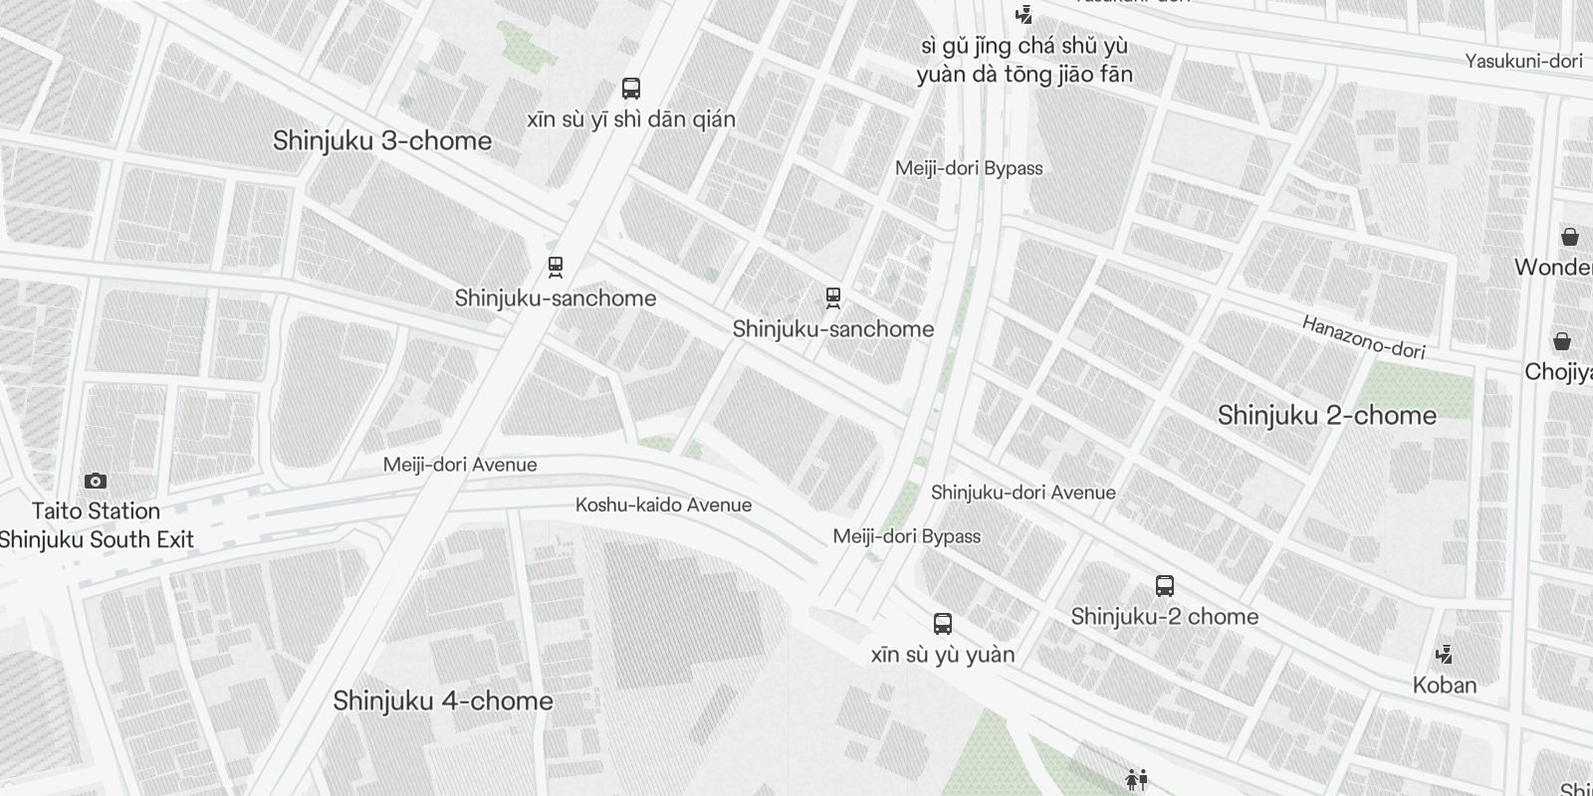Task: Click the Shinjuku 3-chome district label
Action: pyautogui.click(x=382, y=141)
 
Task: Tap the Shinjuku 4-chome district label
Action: pyautogui.click(x=443, y=701)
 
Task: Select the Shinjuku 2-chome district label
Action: pyautogui.click(x=1326, y=416)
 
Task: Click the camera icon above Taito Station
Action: pyautogui.click(x=96, y=482)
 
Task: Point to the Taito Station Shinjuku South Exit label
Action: pyautogui.click(x=96, y=525)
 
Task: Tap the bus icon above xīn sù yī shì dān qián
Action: pyautogui.click(x=631, y=89)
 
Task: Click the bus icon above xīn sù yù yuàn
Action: pyautogui.click(x=943, y=624)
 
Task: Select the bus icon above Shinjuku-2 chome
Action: pyautogui.click(x=1165, y=586)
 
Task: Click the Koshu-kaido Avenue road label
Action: pyautogui.click(x=663, y=505)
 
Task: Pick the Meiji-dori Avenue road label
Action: pyautogui.click(x=460, y=465)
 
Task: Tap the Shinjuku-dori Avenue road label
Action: pyautogui.click(x=1023, y=493)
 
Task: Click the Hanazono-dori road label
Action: pyautogui.click(x=1363, y=337)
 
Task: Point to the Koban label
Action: pyautogui.click(x=1444, y=686)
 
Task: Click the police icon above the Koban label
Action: pyautogui.click(x=1444, y=655)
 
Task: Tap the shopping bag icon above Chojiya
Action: pyautogui.click(x=1562, y=341)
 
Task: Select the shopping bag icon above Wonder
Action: pyautogui.click(x=1569, y=237)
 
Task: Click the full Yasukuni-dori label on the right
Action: pyautogui.click(x=1523, y=62)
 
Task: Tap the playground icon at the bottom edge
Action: pyautogui.click(x=1136, y=779)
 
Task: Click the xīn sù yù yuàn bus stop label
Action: pyautogui.click(x=943, y=655)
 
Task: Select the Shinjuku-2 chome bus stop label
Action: pyautogui.click(x=1165, y=617)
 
